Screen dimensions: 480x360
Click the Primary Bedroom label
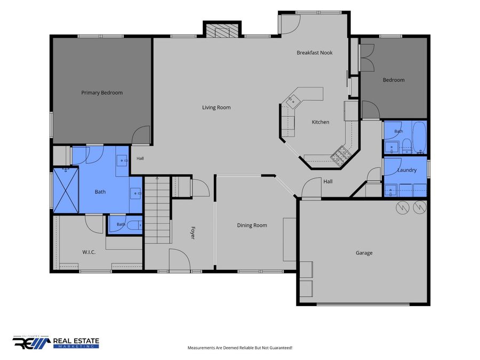(102, 92)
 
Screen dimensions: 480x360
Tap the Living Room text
(217, 107)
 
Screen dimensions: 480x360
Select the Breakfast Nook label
(314, 53)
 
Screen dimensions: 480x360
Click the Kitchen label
(321, 122)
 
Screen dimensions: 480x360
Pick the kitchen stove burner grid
(340, 154)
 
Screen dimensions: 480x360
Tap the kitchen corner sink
(292, 100)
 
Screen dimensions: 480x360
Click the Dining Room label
(252, 225)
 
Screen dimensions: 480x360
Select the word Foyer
(193, 233)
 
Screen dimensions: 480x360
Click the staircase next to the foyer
(157, 210)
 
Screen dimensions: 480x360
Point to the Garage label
(364, 253)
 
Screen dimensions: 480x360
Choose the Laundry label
(407, 170)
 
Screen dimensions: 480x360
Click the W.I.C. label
(89, 252)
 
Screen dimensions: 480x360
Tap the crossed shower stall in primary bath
(66, 190)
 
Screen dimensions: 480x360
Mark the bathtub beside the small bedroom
(419, 138)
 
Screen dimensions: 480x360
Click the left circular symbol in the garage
(402, 207)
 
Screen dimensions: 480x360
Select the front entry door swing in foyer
(180, 260)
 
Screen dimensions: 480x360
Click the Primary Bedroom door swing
(141, 135)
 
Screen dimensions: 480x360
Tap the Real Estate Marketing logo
(55, 342)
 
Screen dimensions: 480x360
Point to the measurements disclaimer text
(240, 348)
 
